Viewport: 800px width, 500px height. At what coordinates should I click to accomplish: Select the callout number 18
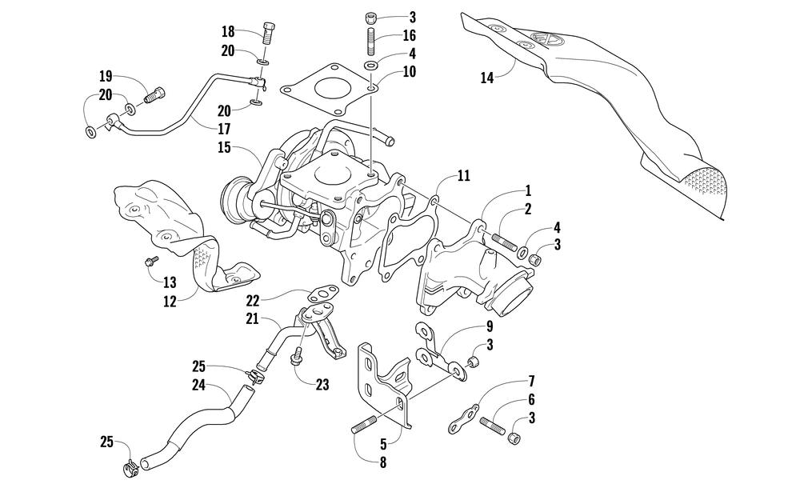pos(228,32)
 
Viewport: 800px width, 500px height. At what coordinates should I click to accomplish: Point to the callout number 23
pos(322,384)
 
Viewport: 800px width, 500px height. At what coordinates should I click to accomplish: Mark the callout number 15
pos(224,147)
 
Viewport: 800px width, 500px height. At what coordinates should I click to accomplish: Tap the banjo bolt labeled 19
pos(153,96)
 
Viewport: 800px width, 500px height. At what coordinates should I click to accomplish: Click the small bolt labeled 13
pos(150,262)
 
